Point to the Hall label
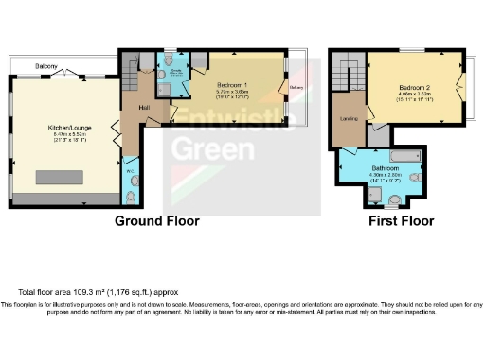tap(145, 108)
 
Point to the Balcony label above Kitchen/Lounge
tap(48, 66)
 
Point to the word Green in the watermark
tap(208, 150)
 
